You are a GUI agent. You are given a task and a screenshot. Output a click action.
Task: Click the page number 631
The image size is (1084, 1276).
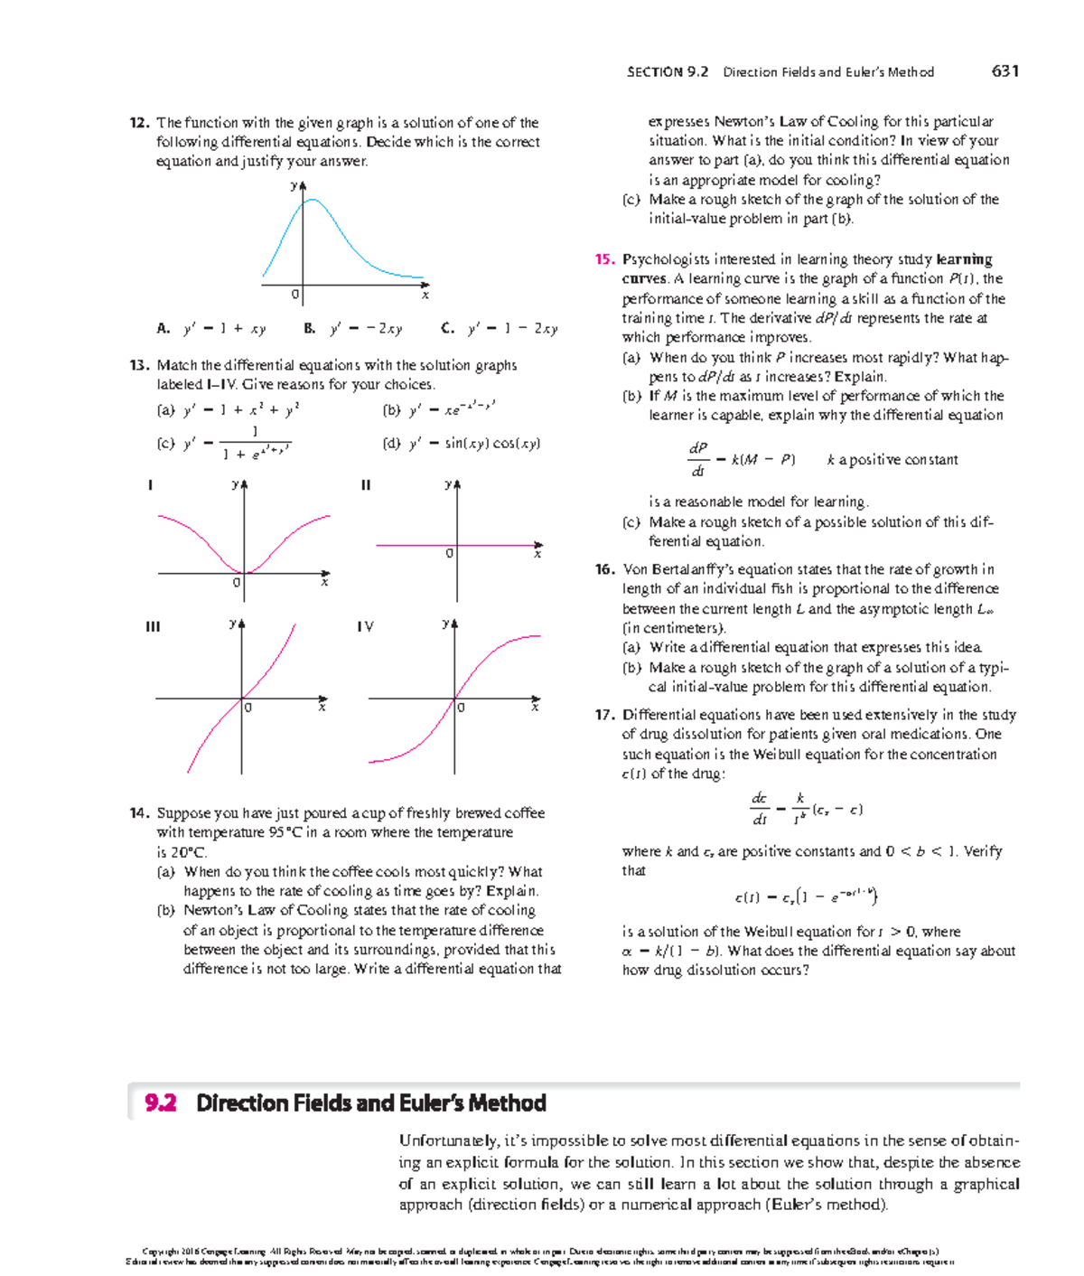(x=1005, y=71)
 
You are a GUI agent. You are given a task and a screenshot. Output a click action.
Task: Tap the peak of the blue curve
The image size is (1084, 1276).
(x=310, y=200)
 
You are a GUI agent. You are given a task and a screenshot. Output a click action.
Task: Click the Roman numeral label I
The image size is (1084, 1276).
(x=150, y=485)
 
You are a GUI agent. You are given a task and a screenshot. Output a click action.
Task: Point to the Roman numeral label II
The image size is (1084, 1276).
(x=365, y=485)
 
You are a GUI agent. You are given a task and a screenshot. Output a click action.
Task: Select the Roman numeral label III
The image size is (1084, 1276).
(x=153, y=626)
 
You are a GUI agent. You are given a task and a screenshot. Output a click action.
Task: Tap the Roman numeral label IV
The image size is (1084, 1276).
(x=365, y=626)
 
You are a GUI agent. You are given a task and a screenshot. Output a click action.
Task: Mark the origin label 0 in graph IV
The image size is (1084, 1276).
(x=462, y=708)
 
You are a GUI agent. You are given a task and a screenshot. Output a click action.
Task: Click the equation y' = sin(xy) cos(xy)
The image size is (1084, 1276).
(x=474, y=443)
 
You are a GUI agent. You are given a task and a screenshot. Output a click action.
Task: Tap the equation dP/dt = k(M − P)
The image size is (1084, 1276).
(x=740, y=460)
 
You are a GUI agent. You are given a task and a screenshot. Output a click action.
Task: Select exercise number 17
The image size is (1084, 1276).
(x=604, y=715)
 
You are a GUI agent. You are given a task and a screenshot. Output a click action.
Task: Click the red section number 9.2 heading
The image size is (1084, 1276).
(x=161, y=1102)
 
